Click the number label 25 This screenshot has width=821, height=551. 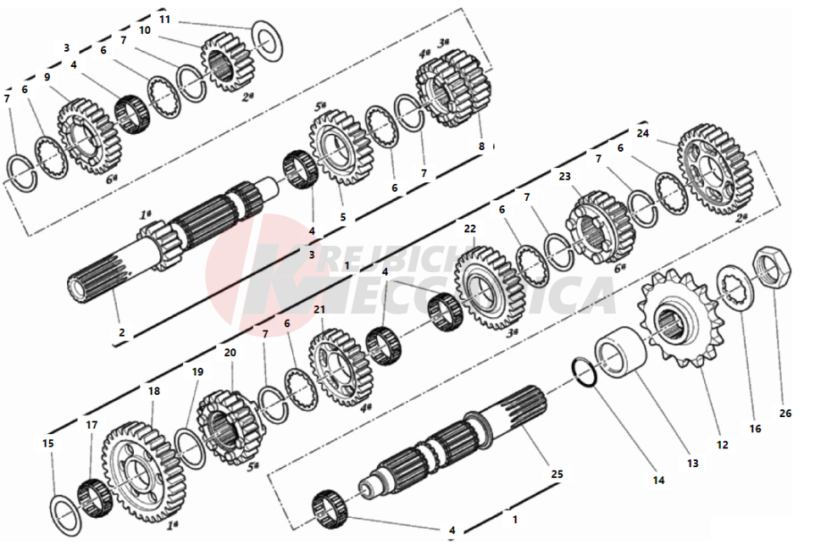tap(557, 475)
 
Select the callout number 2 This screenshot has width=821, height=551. tap(121, 333)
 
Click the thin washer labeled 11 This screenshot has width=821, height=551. tap(269, 42)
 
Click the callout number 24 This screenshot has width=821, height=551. tap(642, 133)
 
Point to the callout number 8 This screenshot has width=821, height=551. tap(481, 146)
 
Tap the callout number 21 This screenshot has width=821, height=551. tap(319, 310)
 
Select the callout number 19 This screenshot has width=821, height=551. tap(197, 371)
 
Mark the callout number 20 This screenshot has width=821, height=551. tap(230, 353)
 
